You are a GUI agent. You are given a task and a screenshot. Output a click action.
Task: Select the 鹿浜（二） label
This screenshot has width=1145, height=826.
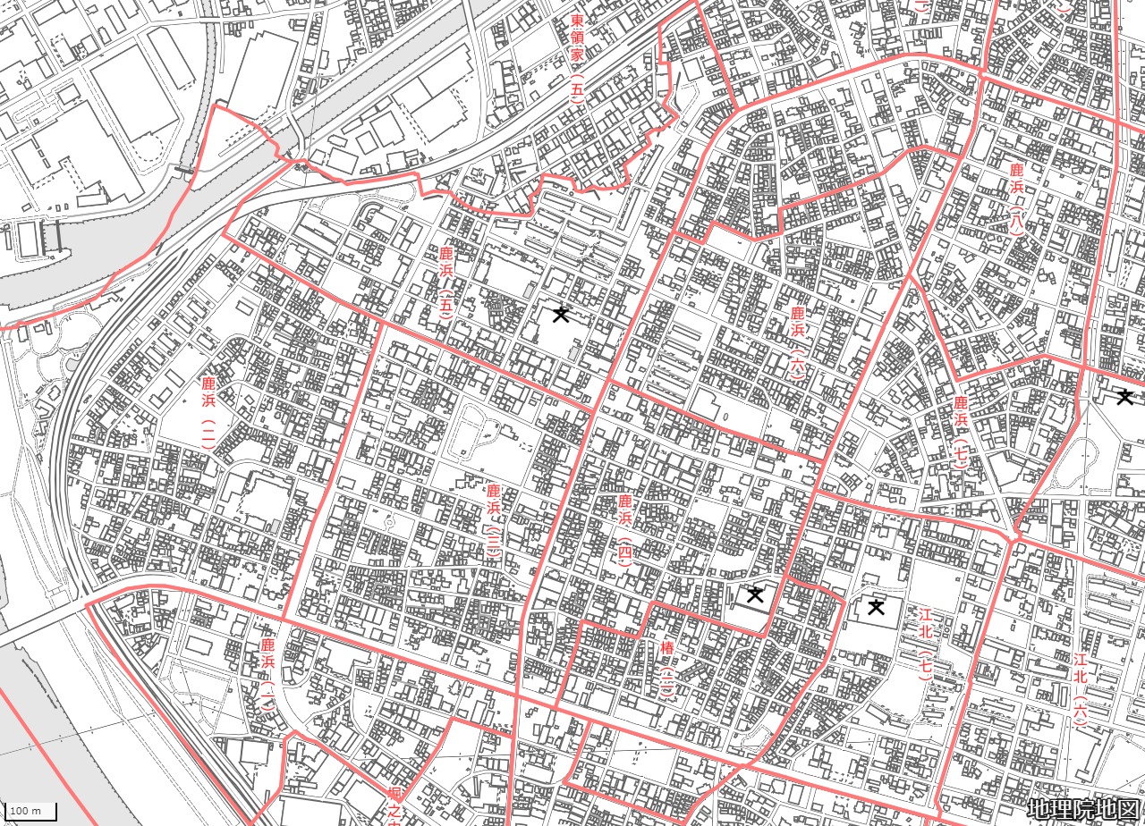[208, 411]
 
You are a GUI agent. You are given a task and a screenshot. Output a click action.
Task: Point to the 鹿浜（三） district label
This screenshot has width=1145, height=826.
[494, 520]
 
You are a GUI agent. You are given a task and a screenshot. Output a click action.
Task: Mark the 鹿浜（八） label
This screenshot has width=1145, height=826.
[1016, 199]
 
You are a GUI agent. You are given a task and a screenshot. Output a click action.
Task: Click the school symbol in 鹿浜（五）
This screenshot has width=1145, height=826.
[561, 313]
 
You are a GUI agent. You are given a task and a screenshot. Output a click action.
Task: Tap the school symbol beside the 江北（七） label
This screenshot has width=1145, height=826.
[876, 608]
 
